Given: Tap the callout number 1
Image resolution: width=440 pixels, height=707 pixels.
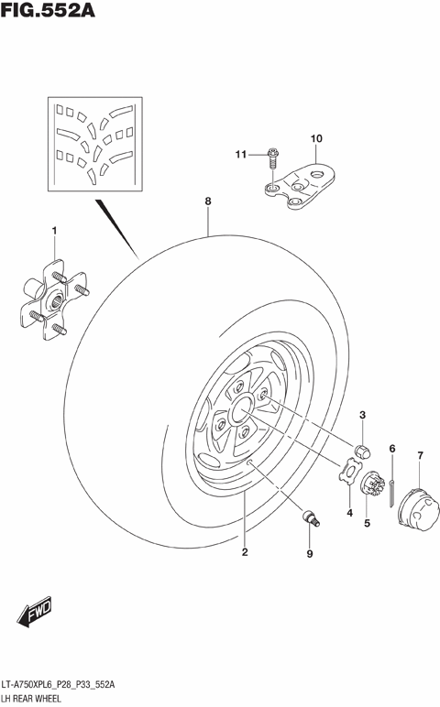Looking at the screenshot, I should click(x=54, y=230).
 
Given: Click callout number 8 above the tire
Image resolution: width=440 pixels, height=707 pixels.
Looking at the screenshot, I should click(x=208, y=201).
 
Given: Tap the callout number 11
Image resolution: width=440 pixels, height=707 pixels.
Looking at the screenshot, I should click(x=241, y=154).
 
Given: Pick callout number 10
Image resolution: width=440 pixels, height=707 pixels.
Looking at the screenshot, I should click(x=316, y=139).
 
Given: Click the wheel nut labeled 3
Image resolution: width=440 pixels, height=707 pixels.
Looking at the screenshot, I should click(x=362, y=450).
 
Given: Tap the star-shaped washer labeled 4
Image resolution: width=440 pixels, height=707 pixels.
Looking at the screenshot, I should click(x=349, y=472).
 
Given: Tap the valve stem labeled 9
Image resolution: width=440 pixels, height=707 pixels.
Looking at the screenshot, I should click(x=312, y=520).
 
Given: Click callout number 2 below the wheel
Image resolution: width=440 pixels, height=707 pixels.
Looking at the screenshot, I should click(x=245, y=551).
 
